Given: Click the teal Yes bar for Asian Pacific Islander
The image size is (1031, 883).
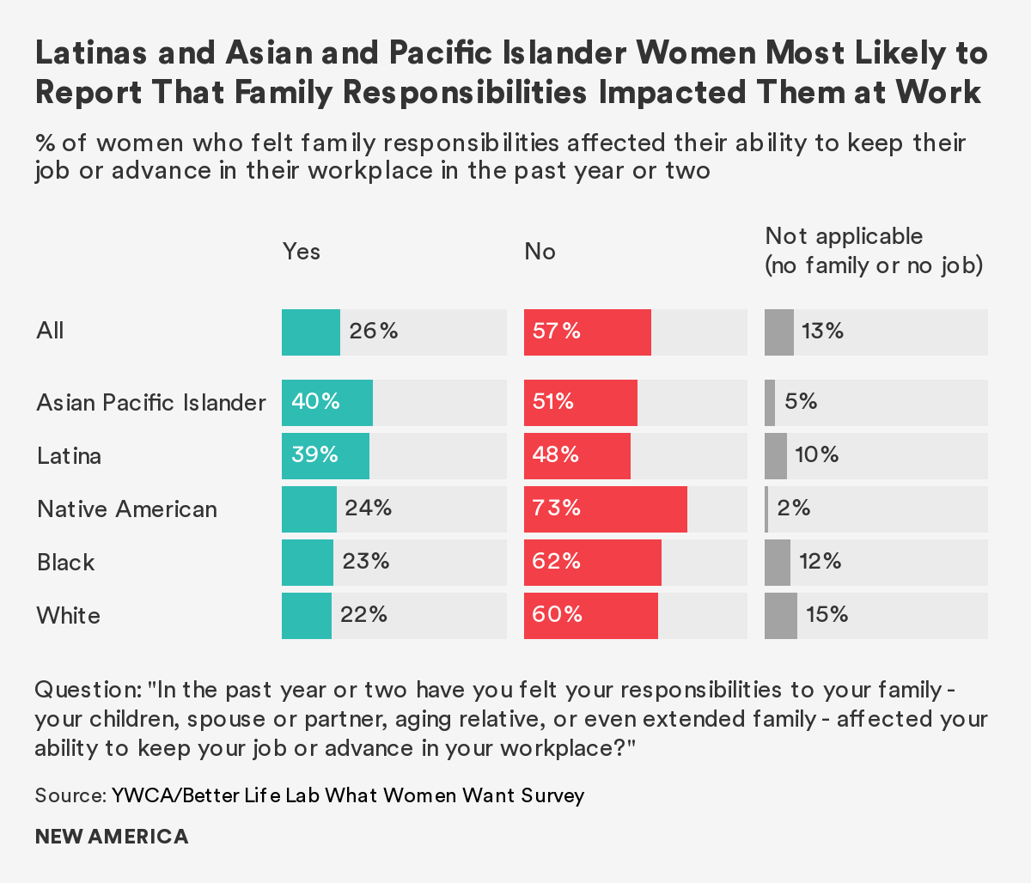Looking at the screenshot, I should pyautogui.click(x=327, y=402).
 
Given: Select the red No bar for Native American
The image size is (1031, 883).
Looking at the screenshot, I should pyautogui.click(x=605, y=508).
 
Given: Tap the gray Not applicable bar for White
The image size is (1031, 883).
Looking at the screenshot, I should pyautogui.click(x=780, y=615).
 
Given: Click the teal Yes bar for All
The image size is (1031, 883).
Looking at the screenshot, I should pyautogui.click(x=310, y=332).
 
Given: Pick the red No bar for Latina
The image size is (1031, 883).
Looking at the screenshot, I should pyautogui.click(x=577, y=455).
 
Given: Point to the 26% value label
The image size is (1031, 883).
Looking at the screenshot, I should pyautogui.click(x=374, y=332).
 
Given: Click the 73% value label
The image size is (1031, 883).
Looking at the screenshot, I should pyautogui.click(x=557, y=508).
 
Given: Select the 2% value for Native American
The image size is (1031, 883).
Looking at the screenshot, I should pyautogui.click(x=794, y=508).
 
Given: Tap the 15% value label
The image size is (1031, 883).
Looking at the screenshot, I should pyautogui.click(x=827, y=615).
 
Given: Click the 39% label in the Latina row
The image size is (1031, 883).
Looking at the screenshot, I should pyautogui.click(x=314, y=455).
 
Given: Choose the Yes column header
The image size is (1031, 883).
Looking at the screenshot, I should pyautogui.click(x=302, y=252).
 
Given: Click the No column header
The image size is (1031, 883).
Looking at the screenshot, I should pyautogui.click(x=540, y=252).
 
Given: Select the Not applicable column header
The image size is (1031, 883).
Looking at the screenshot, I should pyautogui.click(x=873, y=250).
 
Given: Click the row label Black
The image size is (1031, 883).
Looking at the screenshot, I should pyautogui.click(x=65, y=563).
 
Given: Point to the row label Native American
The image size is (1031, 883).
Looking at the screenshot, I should pyautogui.click(x=127, y=509).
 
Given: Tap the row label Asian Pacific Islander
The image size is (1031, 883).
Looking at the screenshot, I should pyautogui.click(x=151, y=403).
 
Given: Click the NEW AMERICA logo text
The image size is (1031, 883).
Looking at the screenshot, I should pyautogui.click(x=112, y=837).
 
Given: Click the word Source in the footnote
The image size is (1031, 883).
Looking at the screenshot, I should pyautogui.click(x=70, y=795).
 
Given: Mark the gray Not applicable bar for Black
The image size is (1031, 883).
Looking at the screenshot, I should pyautogui.click(x=777, y=562).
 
